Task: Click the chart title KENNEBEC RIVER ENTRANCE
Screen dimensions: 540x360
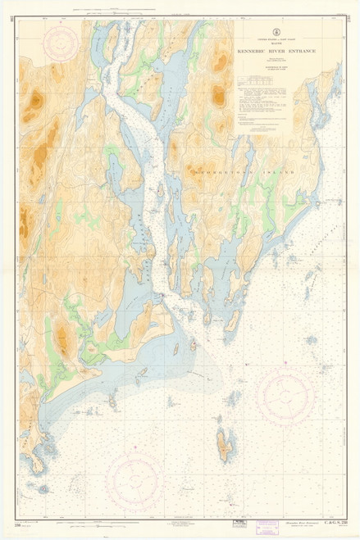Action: point(276,52)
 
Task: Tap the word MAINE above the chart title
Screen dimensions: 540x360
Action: point(276,43)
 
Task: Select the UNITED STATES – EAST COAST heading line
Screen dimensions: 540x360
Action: point(276,39)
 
